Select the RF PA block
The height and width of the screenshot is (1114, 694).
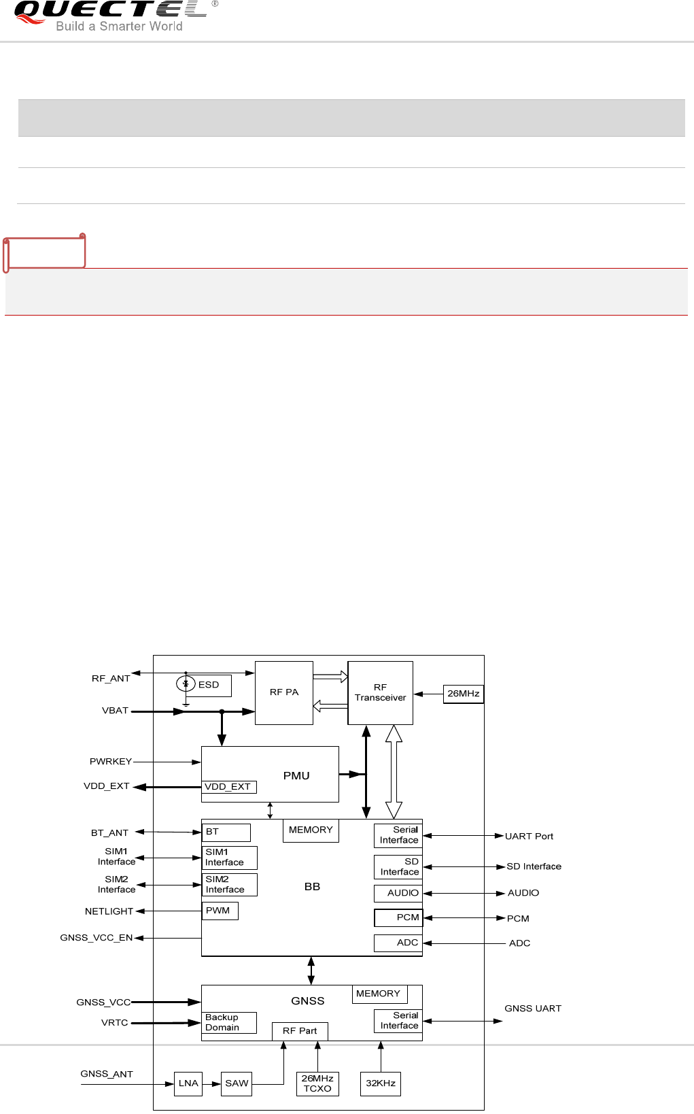(283, 692)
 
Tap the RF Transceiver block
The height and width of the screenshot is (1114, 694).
(380, 692)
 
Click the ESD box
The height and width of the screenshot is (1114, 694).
(209, 685)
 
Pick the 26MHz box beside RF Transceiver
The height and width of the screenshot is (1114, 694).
(463, 694)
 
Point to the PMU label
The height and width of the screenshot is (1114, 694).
(296, 775)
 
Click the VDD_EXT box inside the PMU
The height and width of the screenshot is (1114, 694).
(228, 787)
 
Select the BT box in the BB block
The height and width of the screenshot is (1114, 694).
(226, 832)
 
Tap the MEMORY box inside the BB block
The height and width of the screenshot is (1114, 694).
(311, 830)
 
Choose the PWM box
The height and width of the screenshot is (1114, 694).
(220, 911)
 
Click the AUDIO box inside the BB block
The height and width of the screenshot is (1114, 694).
(398, 893)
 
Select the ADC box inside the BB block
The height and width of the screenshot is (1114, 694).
(398, 943)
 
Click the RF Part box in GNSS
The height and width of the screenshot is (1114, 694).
(300, 1031)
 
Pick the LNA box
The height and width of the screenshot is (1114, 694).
(188, 1083)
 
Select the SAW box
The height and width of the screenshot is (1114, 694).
(237, 1083)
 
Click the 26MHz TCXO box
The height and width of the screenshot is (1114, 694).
(317, 1083)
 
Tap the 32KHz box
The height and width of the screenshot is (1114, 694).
(381, 1083)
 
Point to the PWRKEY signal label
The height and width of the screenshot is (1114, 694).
(111, 762)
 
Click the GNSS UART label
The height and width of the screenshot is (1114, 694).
(533, 1009)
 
